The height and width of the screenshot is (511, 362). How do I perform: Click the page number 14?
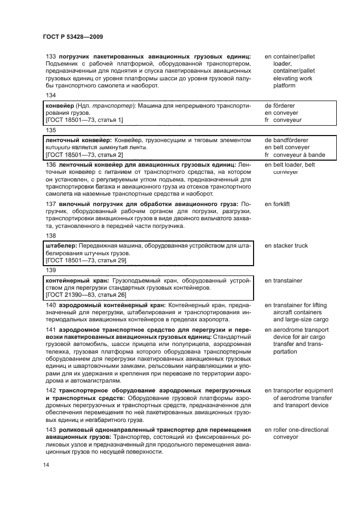[x=45, y=465]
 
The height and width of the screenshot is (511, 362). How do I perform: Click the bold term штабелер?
[x=60, y=245]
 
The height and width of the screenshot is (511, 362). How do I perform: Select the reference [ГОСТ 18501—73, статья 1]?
[x=84, y=120]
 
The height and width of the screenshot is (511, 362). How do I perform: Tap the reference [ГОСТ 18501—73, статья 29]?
[x=86, y=261]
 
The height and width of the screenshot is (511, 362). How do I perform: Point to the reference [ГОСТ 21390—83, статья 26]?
[x=86, y=295]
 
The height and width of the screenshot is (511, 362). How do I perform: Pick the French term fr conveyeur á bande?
[x=295, y=155]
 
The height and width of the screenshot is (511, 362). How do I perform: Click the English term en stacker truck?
[x=286, y=245]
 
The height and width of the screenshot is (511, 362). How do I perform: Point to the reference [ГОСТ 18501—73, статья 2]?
[x=84, y=155]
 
